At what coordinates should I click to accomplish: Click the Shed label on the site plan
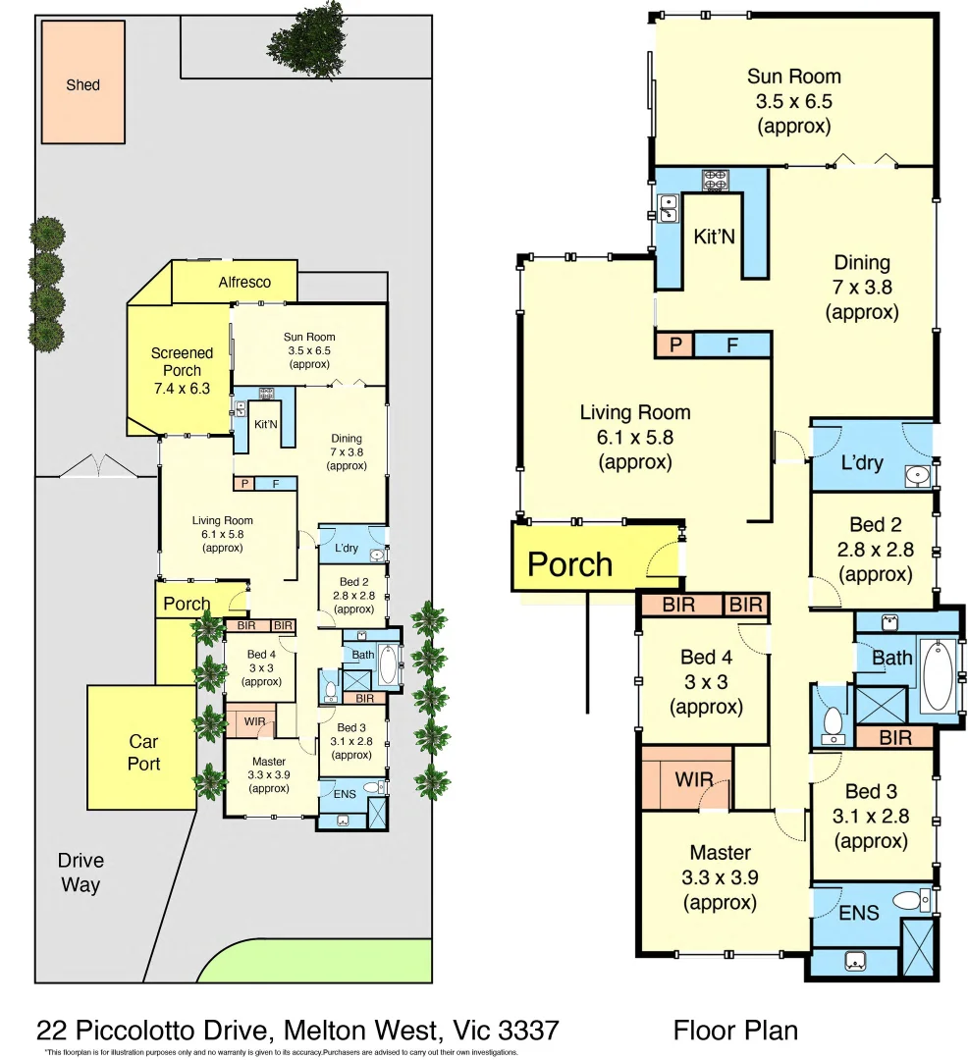click(82, 85)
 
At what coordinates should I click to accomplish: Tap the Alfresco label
click(244, 282)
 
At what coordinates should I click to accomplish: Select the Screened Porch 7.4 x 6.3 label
click(182, 370)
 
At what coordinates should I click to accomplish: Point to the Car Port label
click(143, 753)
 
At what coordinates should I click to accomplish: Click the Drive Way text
click(81, 873)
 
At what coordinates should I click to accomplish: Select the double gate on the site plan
click(97, 465)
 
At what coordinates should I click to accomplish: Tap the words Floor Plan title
click(734, 1030)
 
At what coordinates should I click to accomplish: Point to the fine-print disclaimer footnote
click(282, 1052)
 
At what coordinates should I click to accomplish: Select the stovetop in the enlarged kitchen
click(714, 181)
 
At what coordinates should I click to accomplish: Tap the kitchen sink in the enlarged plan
click(669, 207)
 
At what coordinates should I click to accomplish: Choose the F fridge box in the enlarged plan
click(732, 344)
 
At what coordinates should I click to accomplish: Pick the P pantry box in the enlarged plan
click(674, 344)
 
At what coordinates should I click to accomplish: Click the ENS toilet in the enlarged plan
click(908, 900)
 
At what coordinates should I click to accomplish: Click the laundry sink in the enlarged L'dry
click(917, 475)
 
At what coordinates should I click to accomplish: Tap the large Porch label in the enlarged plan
click(570, 564)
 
